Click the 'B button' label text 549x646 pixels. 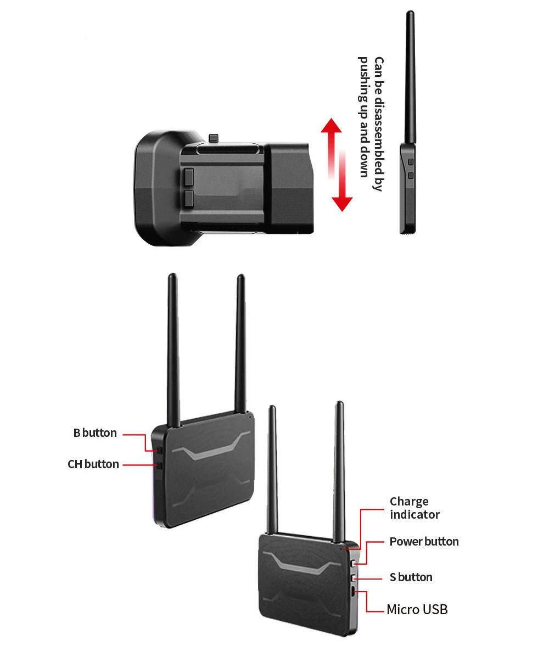[95, 433]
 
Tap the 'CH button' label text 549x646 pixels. [93, 464]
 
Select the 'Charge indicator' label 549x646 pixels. [414, 508]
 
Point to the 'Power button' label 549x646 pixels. [424, 542]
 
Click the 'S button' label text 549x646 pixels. [411, 577]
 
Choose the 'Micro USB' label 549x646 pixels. [417, 609]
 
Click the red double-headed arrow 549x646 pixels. [337, 164]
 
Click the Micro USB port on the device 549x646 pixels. [353, 592]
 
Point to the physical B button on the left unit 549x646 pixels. [159, 450]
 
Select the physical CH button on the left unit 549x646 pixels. [159, 465]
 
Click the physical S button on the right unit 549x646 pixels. [354, 578]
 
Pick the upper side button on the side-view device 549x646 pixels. [411, 162]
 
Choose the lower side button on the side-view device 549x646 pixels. [411, 176]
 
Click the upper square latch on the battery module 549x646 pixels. [189, 177]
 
